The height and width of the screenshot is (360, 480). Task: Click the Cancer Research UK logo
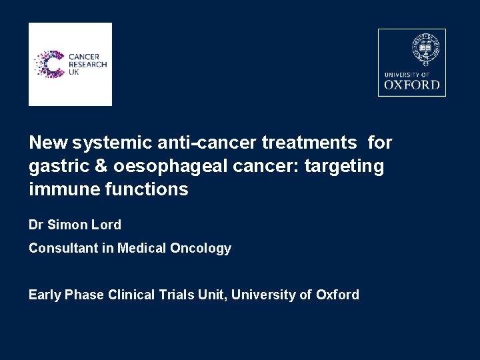(x=70, y=64)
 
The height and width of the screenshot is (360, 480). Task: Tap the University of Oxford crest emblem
(x=425, y=49)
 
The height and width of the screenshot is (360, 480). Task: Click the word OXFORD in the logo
(x=412, y=85)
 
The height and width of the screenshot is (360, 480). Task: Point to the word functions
(x=147, y=189)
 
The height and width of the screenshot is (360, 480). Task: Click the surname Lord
(x=106, y=225)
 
